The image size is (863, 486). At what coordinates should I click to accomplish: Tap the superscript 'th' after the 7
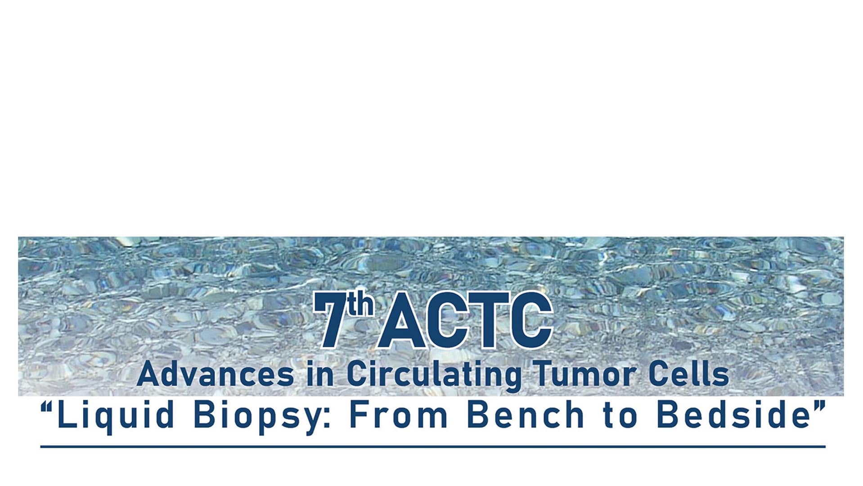(360, 304)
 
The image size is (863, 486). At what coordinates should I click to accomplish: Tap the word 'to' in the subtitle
(620, 415)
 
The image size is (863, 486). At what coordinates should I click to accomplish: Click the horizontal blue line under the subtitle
(433, 447)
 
